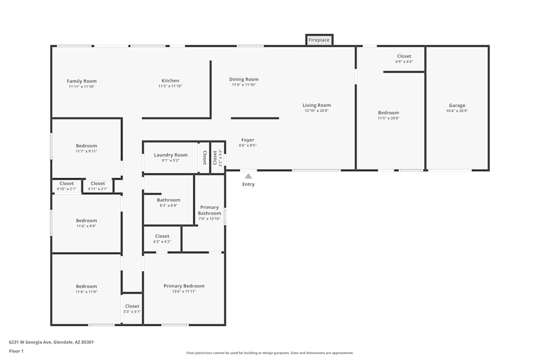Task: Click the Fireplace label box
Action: coord(319,40)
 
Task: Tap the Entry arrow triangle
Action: coord(248,176)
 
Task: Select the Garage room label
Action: coord(457,106)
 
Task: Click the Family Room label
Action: coord(82,81)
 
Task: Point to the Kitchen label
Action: coord(170,81)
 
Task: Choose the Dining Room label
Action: coord(244,79)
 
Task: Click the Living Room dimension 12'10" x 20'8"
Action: coord(316,111)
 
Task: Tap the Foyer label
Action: coord(247,140)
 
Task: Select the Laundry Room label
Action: coord(171,155)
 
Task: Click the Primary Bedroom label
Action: coord(184,286)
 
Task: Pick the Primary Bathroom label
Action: coord(210,210)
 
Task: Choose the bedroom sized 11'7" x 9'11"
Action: coord(86,146)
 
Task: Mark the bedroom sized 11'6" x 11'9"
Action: coord(86,287)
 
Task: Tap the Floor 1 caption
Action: coord(16,351)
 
